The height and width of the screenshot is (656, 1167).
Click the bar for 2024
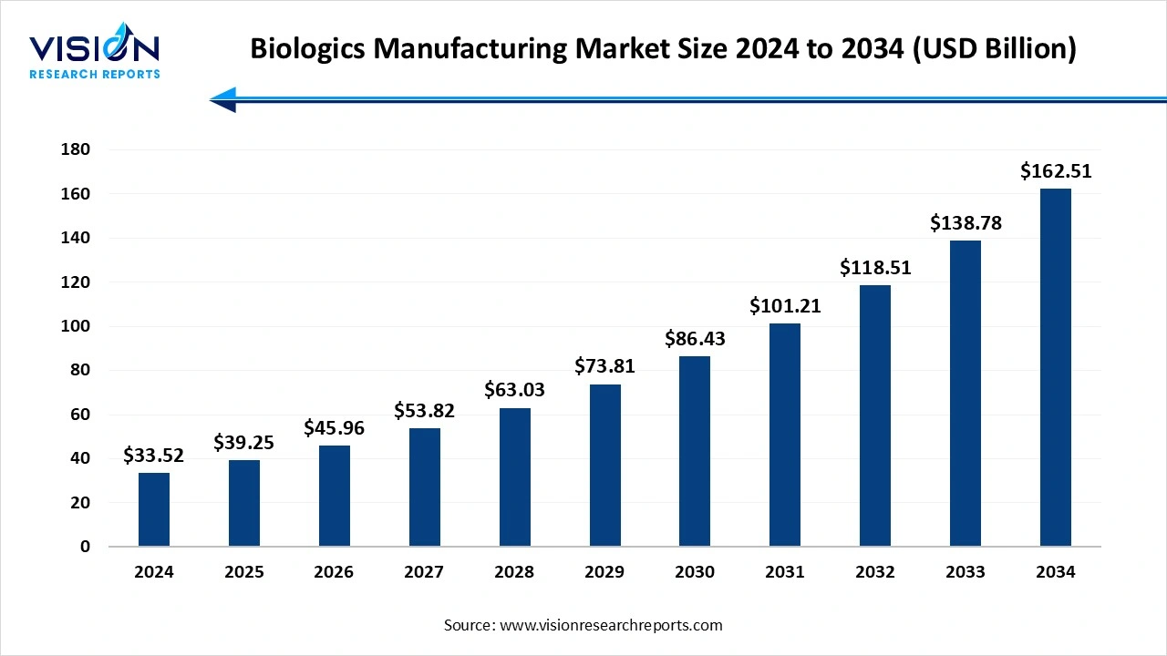tap(154, 509)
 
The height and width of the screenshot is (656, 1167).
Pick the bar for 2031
tap(785, 435)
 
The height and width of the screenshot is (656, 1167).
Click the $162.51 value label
tap(1056, 171)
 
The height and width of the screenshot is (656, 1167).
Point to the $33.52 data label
tap(154, 456)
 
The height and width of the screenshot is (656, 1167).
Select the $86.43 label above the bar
tap(695, 339)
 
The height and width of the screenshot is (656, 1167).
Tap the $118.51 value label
tap(875, 268)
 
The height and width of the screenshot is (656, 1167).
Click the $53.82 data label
tap(424, 411)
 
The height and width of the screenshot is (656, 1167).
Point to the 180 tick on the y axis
tap(75, 149)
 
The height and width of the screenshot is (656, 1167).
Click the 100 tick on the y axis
tap(75, 326)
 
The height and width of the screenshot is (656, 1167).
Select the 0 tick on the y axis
tap(85, 547)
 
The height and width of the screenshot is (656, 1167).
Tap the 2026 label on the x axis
tap(334, 572)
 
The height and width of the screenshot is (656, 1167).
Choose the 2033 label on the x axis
tap(966, 572)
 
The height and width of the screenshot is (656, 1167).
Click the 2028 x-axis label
tap(514, 572)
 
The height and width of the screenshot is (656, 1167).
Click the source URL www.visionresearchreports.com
tap(610, 625)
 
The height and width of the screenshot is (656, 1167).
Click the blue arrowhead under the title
tap(223, 99)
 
